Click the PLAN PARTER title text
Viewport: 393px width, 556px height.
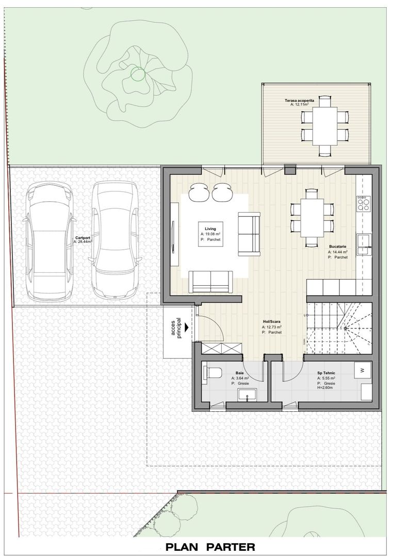click(210, 547)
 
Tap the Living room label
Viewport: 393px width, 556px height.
click(210, 228)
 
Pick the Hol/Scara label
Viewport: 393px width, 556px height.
click(271, 321)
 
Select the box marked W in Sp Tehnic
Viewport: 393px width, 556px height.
click(363, 370)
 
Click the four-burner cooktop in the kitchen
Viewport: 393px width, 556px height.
click(363, 204)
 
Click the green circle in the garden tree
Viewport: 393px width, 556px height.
click(138, 75)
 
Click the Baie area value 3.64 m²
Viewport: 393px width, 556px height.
click(242, 378)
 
